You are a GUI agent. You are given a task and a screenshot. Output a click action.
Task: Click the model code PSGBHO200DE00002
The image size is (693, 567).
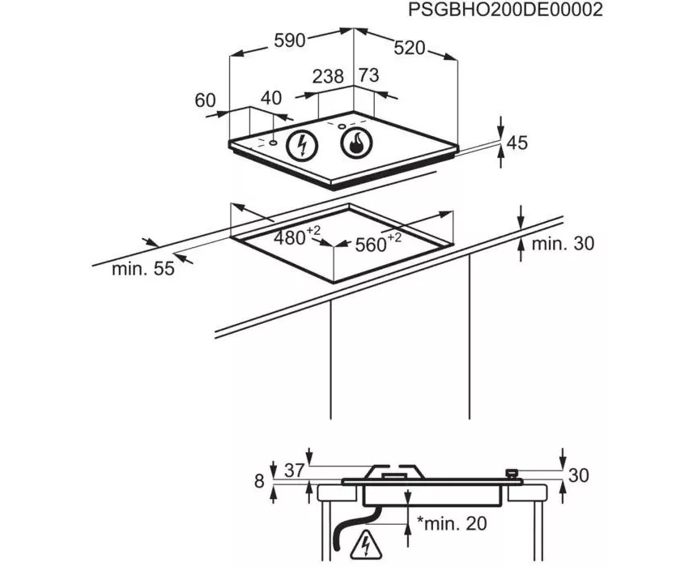pyautogui.click(x=506, y=11)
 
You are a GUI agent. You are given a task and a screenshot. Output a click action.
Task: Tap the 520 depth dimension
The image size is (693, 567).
pyautogui.click(x=409, y=48)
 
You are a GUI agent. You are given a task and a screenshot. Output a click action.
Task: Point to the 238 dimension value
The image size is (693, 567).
pyautogui.click(x=328, y=76)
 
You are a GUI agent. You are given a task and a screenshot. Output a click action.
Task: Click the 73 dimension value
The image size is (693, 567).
pyautogui.click(x=369, y=76)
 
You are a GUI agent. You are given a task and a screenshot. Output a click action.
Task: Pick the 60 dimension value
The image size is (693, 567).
pyautogui.click(x=206, y=100)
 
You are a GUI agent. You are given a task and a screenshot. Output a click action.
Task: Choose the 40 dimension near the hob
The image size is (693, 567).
pyautogui.click(x=271, y=98)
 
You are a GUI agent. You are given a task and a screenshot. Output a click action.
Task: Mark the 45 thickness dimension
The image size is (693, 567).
pyautogui.click(x=517, y=143)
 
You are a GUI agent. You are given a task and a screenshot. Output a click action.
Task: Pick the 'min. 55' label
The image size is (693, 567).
pyautogui.click(x=143, y=270)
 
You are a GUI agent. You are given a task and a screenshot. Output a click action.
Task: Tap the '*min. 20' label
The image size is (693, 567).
pyautogui.click(x=452, y=524)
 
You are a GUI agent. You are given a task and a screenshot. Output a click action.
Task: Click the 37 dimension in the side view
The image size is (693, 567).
pyautogui.click(x=294, y=469)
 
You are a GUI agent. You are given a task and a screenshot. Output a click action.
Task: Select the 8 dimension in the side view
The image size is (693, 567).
pyautogui.click(x=259, y=481)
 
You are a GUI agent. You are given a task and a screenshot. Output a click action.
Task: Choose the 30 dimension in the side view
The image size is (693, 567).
pyautogui.click(x=578, y=475)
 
